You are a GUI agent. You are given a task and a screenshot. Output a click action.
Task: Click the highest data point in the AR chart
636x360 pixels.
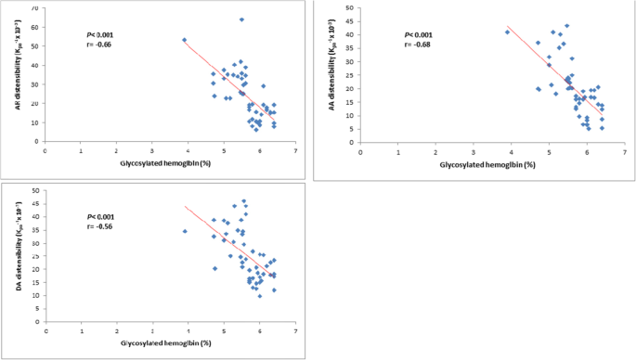coord(241,19)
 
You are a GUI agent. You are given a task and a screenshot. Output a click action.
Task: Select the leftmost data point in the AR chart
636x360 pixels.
coord(185,40)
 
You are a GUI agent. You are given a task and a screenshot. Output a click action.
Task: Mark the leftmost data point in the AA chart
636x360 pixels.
coord(507,32)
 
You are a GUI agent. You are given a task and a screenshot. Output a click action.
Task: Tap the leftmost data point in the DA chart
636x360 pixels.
coord(185,231)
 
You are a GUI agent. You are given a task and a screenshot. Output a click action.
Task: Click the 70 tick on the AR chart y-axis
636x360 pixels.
coord(36,7)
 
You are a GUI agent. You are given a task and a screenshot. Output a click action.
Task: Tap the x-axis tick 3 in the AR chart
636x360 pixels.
coord(152,149)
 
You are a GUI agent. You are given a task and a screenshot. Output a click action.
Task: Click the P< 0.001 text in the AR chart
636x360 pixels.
coord(99,34)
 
